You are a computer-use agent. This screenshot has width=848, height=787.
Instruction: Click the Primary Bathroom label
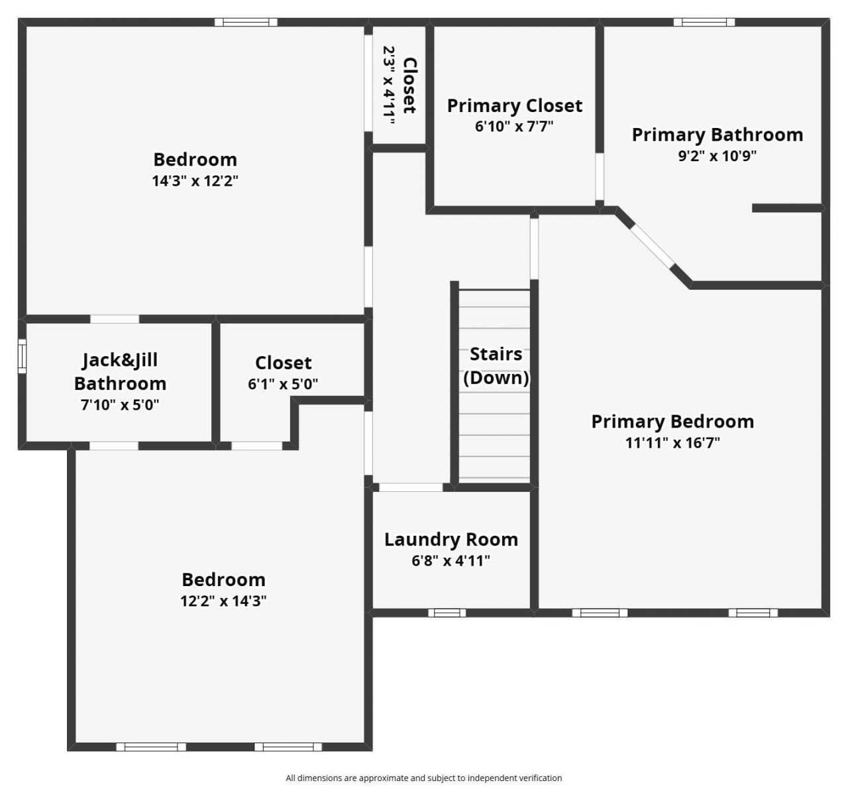(x=717, y=135)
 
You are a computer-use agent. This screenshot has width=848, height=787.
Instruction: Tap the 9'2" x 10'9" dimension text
(x=717, y=156)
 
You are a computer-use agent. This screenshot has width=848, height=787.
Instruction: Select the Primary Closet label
(x=514, y=105)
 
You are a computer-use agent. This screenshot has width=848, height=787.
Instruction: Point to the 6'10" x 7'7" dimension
(x=514, y=126)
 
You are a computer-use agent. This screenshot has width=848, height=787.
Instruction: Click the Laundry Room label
(x=450, y=540)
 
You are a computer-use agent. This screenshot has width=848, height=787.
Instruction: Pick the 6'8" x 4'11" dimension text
(x=450, y=561)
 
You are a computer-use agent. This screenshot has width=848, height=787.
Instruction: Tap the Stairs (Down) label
(x=496, y=365)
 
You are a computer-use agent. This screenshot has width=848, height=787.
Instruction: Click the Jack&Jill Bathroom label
(x=120, y=371)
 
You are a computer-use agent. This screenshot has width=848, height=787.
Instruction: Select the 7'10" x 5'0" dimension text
(x=120, y=404)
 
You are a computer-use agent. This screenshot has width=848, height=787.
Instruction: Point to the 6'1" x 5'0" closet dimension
(x=283, y=384)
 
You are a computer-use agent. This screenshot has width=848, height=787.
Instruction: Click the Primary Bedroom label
(x=672, y=422)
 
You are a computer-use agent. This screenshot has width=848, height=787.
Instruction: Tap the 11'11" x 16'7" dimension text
(x=672, y=442)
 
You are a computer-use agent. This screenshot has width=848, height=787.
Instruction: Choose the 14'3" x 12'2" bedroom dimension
(x=195, y=180)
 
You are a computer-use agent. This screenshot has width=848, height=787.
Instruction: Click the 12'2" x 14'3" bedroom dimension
(x=223, y=601)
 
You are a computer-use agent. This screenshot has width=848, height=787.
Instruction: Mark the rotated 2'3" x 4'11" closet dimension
(x=390, y=85)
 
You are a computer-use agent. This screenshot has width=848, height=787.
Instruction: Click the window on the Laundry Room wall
(x=447, y=613)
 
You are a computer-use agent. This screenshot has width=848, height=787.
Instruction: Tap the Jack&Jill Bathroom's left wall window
(x=22, y=356)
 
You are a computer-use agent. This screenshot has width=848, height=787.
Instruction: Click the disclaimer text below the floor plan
(x=423, y=778)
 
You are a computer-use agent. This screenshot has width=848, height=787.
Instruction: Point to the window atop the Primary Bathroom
(x=704, y=22)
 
